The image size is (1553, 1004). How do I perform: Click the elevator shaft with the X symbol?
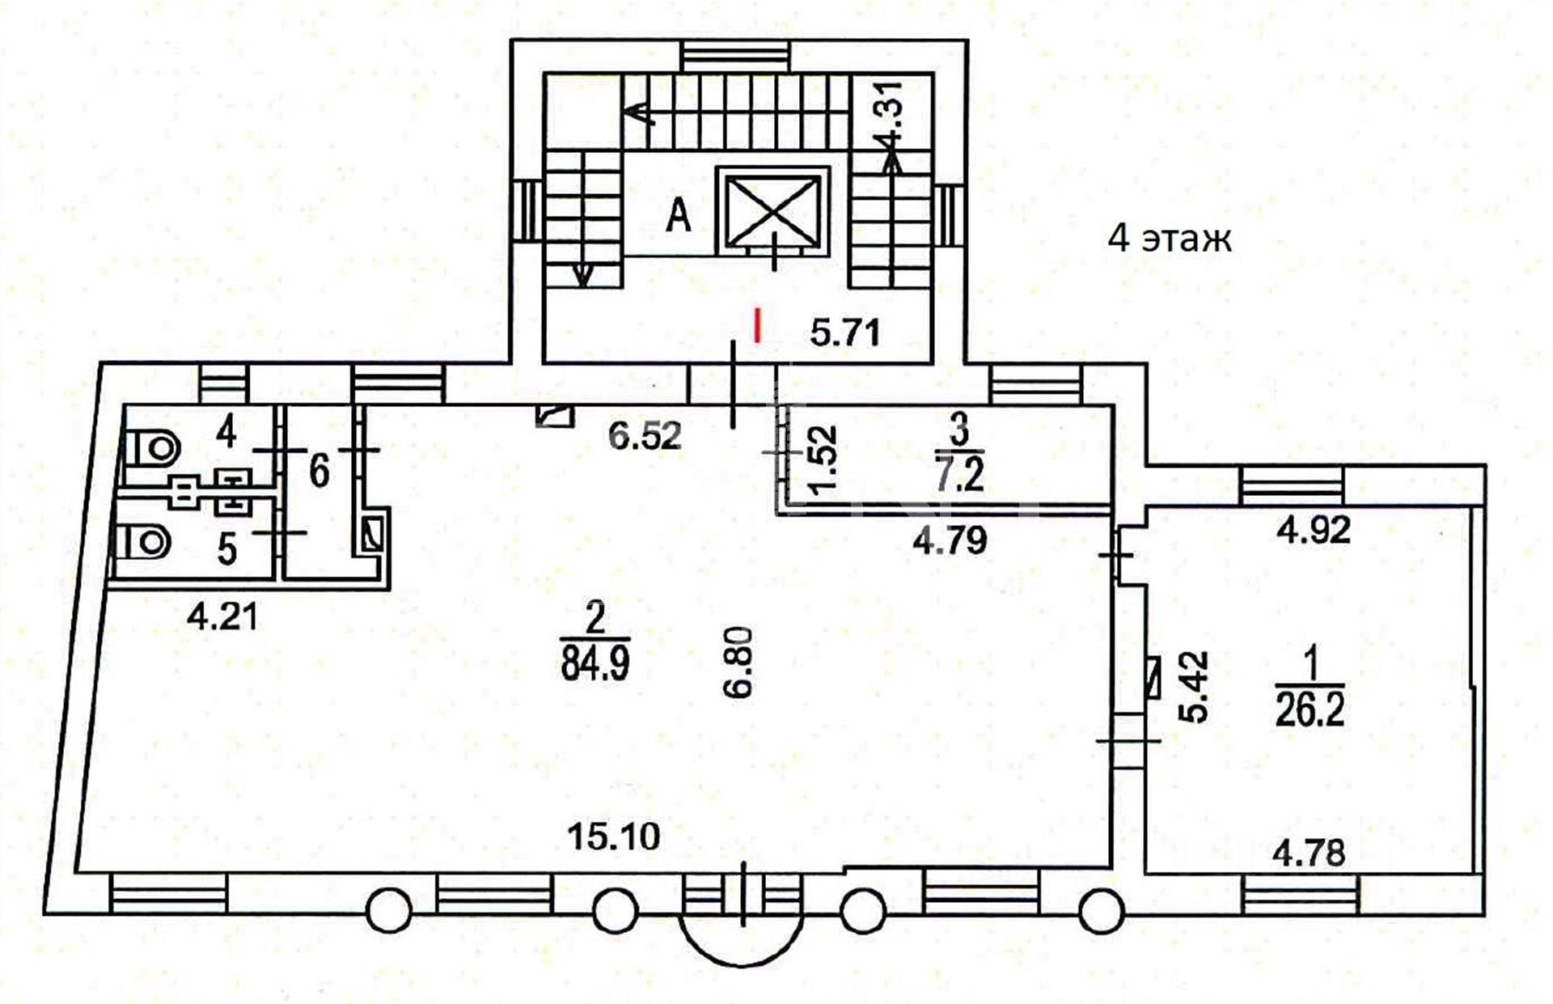pos(773,210)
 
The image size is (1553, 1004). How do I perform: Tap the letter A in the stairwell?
pos(679,216)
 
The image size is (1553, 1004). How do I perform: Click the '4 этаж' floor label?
pos(1170,239)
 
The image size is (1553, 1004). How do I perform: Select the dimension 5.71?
pos(845,333)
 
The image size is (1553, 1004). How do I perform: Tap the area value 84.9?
pos(595,663)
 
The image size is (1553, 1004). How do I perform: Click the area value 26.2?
pos(1310,710)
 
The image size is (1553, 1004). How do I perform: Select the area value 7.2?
pos(960,474)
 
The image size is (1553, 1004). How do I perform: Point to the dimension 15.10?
pos(613,836)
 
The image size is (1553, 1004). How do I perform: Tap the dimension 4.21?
pos(222,617)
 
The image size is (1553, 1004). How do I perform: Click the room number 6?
pos(319,470)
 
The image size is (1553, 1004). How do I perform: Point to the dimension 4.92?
pos(1314,530)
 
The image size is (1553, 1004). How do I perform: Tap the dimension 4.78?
pos(1310,853)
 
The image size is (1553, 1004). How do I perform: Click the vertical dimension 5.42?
pos(1195,687)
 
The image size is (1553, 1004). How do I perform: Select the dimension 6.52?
pos(645,436)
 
